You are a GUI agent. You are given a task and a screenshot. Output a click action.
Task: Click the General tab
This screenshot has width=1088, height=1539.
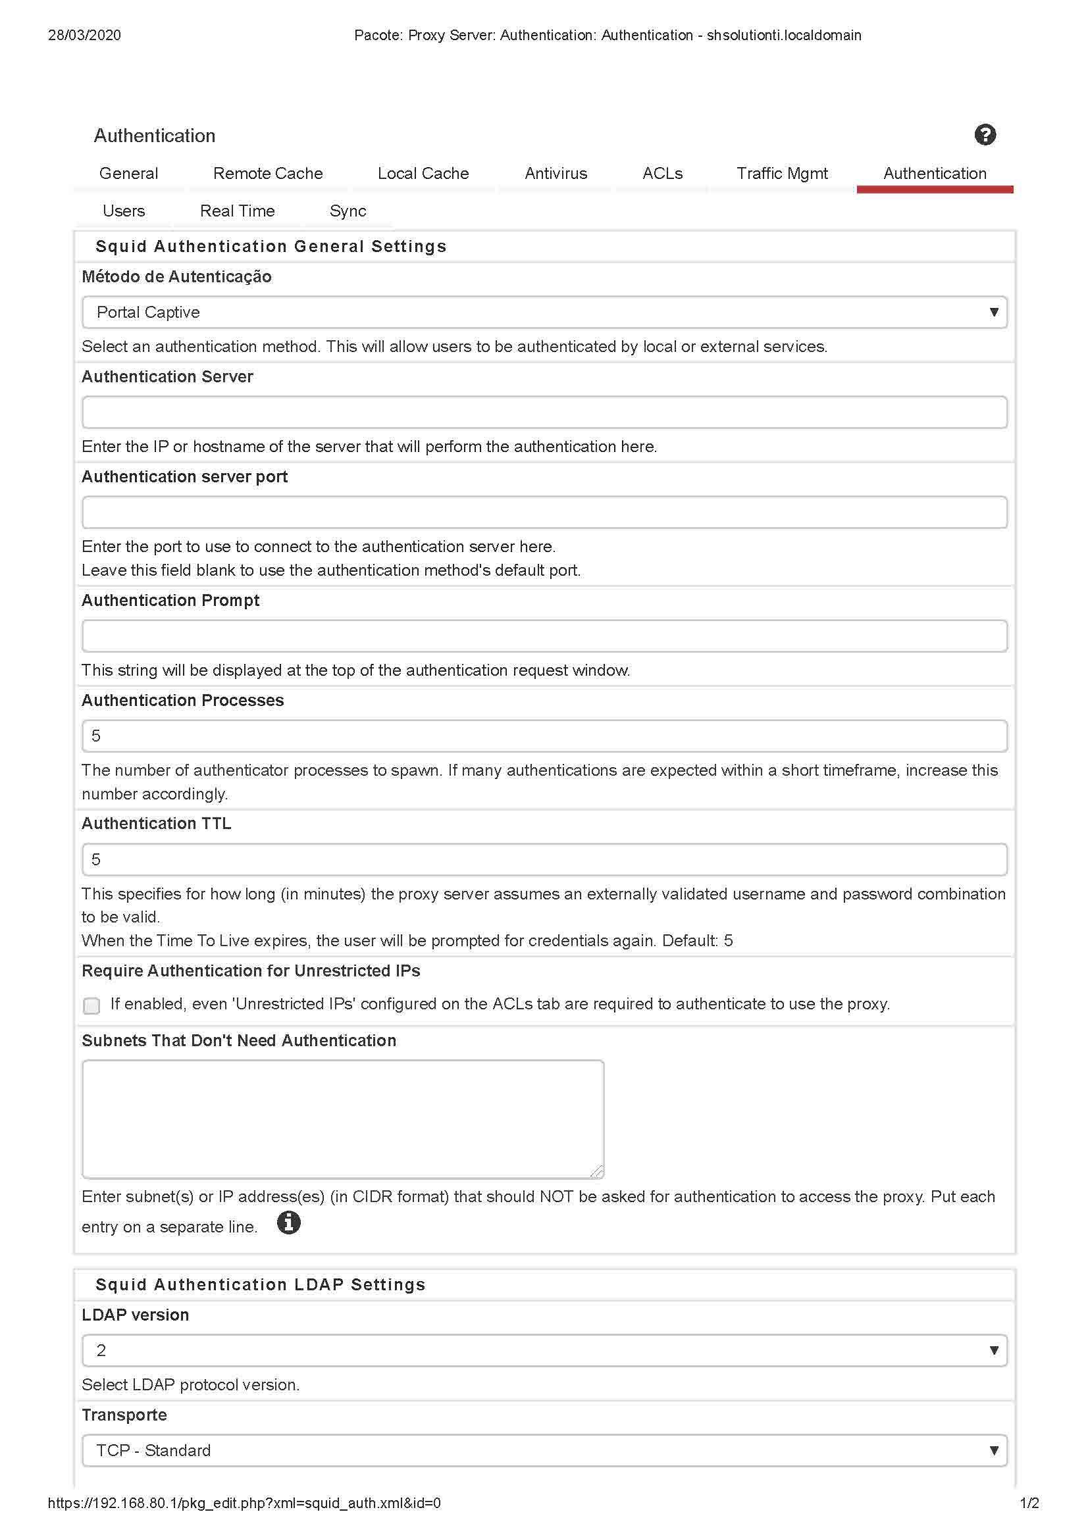[129, 174]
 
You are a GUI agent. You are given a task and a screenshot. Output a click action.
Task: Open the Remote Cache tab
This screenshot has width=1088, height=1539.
[267, 174]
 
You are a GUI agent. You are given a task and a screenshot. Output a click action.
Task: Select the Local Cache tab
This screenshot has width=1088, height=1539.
[423, 174]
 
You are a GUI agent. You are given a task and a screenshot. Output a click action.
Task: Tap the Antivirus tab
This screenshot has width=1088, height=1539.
[556, 174]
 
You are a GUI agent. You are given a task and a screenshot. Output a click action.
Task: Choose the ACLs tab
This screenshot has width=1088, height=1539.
[662, 174]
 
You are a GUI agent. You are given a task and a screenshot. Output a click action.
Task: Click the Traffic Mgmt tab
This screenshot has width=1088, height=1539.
[782, 174]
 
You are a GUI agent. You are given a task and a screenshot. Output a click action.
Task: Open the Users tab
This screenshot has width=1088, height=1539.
[123, 211]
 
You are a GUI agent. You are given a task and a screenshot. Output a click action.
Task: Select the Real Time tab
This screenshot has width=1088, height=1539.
[238, 211]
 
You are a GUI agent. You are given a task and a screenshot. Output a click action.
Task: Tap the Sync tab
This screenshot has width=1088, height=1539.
[348, 211]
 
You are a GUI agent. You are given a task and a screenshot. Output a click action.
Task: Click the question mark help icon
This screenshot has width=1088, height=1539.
[985, 135]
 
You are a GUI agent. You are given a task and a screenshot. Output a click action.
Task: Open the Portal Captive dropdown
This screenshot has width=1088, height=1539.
[544, 313]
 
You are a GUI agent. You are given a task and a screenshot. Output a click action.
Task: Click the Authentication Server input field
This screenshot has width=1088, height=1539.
[544, 413]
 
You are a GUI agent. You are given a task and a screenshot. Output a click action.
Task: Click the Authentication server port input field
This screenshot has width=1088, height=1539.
[544, 512]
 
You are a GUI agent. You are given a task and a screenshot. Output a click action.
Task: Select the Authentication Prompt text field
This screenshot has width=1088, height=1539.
[544, 636]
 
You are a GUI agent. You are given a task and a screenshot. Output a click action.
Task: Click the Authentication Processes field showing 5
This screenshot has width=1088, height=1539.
[544, 736]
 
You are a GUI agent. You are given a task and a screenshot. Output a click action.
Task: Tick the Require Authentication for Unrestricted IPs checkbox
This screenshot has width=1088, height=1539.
[92, 1005]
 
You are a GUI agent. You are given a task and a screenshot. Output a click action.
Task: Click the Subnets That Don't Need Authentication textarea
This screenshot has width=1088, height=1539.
[342, 1118]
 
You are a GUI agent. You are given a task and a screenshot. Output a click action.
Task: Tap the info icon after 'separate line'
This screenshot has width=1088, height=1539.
[289, 1223]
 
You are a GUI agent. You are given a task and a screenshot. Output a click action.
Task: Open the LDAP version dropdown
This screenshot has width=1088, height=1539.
[544, 1351]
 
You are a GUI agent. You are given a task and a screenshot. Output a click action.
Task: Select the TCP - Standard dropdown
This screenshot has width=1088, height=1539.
[544, 1451]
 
